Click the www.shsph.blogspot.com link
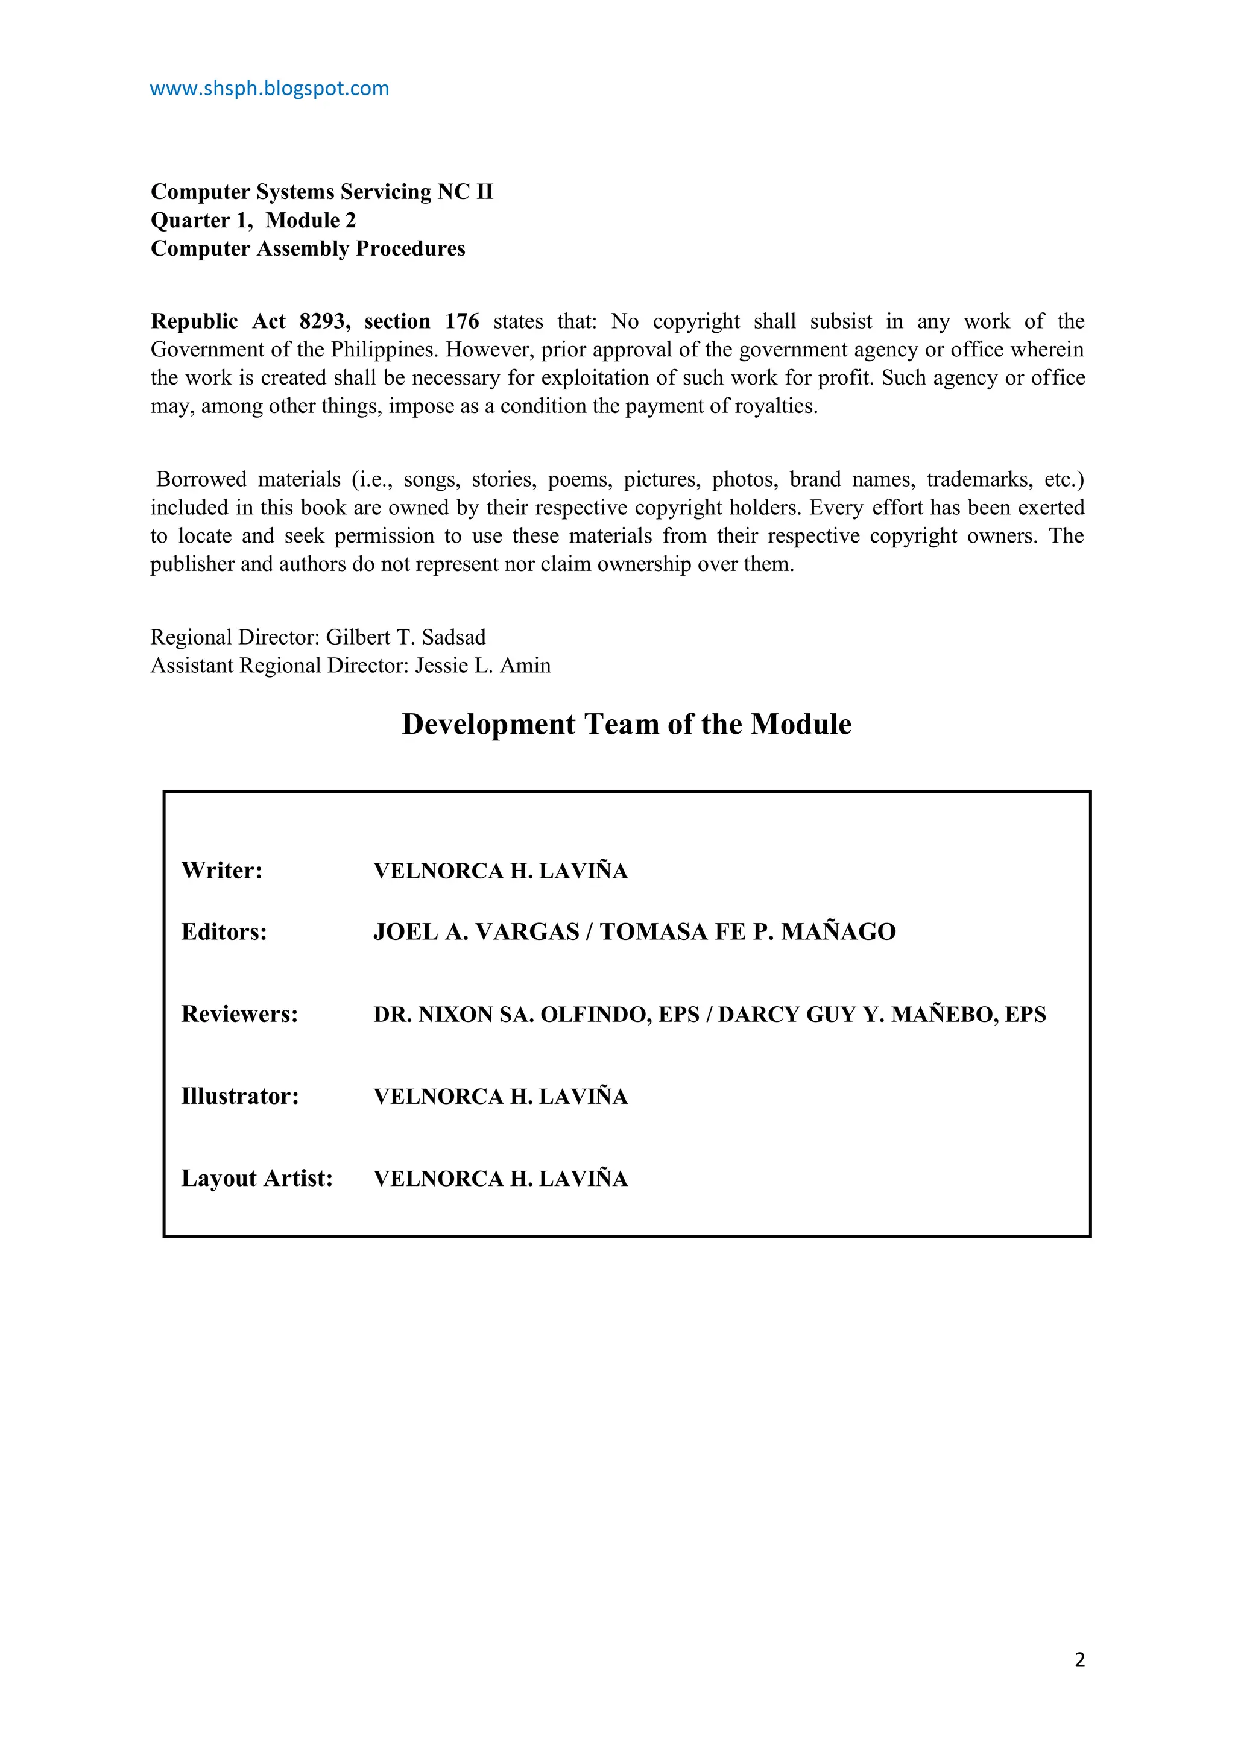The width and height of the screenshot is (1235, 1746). point(269,89)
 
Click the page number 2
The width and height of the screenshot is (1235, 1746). point(1079,1659)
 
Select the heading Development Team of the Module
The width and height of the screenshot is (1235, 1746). point(626,724)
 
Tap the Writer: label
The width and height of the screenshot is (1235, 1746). point(221,871)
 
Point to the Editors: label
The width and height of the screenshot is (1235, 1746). point(224,932)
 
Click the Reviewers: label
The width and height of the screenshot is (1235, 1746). point(239,1015)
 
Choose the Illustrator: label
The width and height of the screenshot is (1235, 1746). point(239,1097)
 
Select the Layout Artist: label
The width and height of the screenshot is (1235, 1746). point(257,1179)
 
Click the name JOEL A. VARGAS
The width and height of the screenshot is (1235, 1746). point(476,932)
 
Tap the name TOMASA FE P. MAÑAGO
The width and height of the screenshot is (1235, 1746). point(748,932)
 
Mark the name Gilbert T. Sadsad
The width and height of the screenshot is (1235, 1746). point(405,637)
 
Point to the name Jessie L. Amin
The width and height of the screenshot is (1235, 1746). point(482,666)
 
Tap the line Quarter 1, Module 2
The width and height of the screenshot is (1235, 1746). point(253,221)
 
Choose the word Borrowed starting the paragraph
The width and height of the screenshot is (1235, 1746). point(201,480)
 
